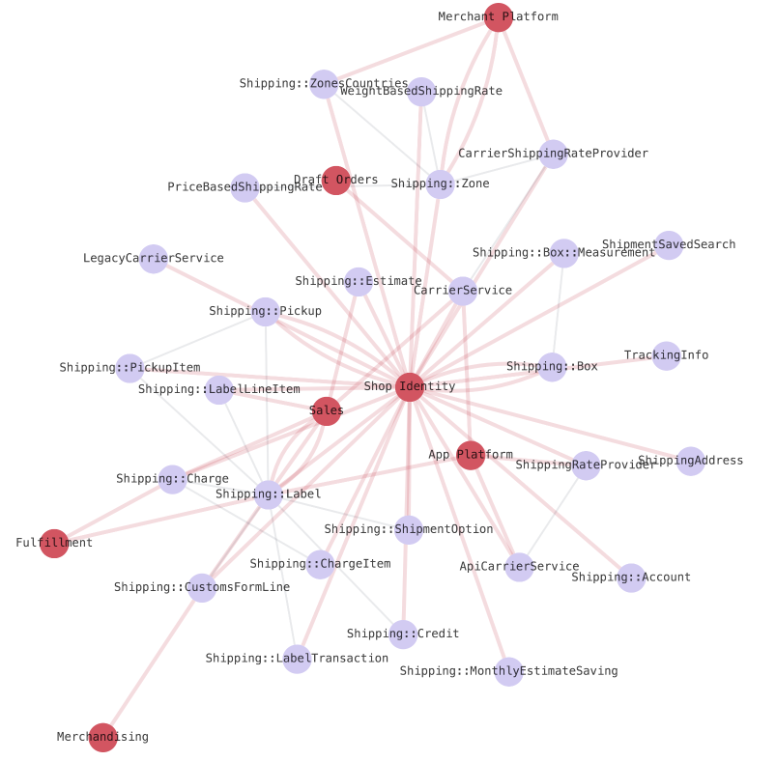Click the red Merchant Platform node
(498, 17)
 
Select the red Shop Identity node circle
(410, 387)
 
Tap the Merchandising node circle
(102, 737)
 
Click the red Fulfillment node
(54, 544)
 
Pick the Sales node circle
(327, 411)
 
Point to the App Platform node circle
(470, 455)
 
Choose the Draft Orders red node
(335, 181)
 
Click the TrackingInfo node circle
(667, 355)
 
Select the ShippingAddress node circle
(690, 461)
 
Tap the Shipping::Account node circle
(631, 578)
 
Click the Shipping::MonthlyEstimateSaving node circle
(509, 671)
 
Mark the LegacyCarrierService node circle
(154, 259)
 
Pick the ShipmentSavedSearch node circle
(669, 245)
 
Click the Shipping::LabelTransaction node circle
(297, 659)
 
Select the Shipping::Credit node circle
(403, 634)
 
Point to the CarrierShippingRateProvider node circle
(553, 154)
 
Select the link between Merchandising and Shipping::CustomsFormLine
(152, 662)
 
